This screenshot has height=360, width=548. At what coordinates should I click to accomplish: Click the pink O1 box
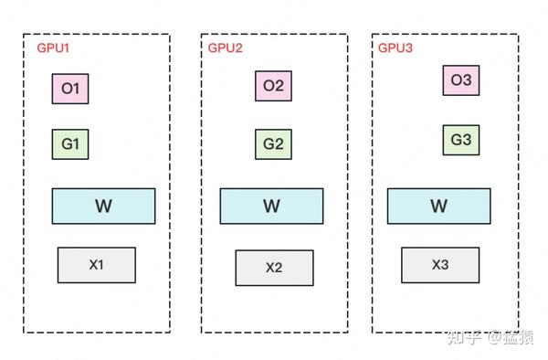[70, 89]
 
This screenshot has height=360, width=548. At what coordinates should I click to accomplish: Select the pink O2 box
[273, 86]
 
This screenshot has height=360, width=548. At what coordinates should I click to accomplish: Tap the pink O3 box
[461, 80]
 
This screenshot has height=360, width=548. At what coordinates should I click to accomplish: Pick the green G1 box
[70, 144]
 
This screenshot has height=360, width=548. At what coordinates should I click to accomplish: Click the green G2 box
[273, 144]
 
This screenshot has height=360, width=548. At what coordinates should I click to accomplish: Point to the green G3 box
[461, 141]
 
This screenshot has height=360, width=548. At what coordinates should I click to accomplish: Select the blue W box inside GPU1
[103, 206]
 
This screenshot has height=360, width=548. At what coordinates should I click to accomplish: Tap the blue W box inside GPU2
[271, 206]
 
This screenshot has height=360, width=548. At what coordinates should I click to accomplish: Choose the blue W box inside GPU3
[439, 206]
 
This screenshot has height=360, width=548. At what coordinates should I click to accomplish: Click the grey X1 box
[96, 265]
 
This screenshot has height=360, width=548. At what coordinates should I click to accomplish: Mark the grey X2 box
[274, 268]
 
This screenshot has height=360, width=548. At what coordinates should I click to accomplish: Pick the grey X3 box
[440, 265]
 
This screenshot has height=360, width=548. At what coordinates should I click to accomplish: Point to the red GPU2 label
[225, 48]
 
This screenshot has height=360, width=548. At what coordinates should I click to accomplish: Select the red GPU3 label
[395, 48]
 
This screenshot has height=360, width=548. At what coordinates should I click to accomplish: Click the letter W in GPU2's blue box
[271, 206]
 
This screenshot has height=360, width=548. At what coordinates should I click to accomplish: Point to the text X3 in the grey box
[440, 265]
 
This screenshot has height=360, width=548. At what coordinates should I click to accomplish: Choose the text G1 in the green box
[70, 144]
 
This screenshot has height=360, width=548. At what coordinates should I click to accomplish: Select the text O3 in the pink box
[461, 80]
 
